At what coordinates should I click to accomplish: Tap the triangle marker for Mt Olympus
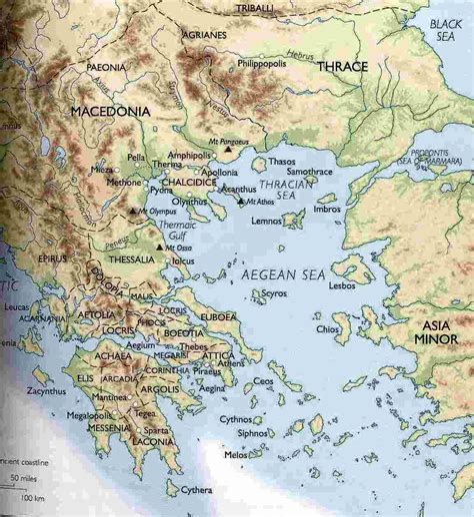point(134,213)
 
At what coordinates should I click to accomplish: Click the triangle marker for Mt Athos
point(243,201)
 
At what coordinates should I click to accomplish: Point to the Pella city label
point(136,158)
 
